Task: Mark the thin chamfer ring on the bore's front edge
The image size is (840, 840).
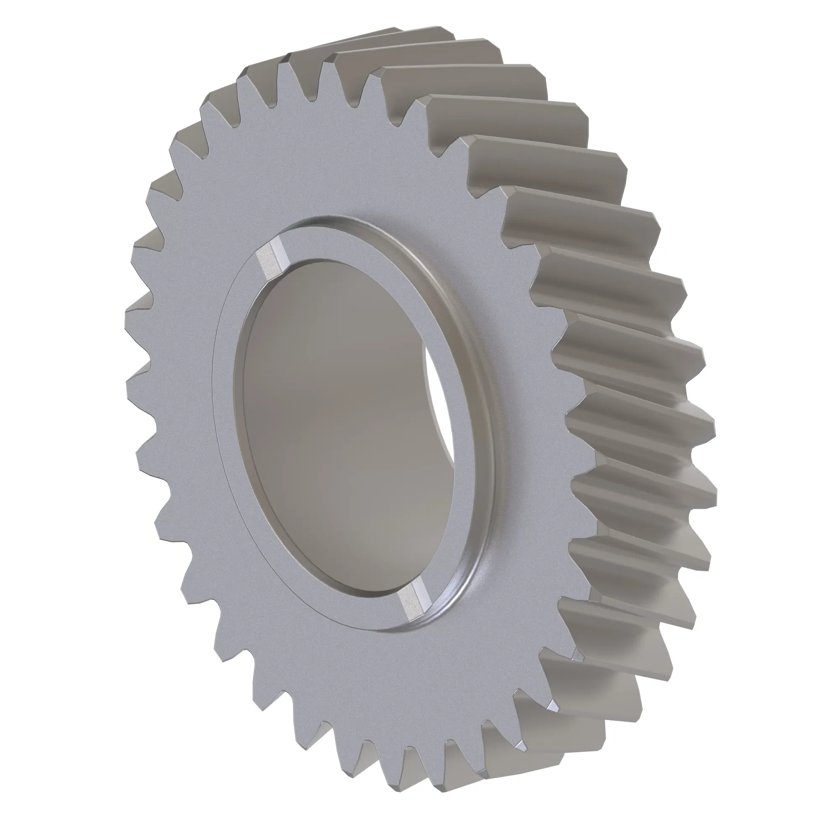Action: tap(238, 391)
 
